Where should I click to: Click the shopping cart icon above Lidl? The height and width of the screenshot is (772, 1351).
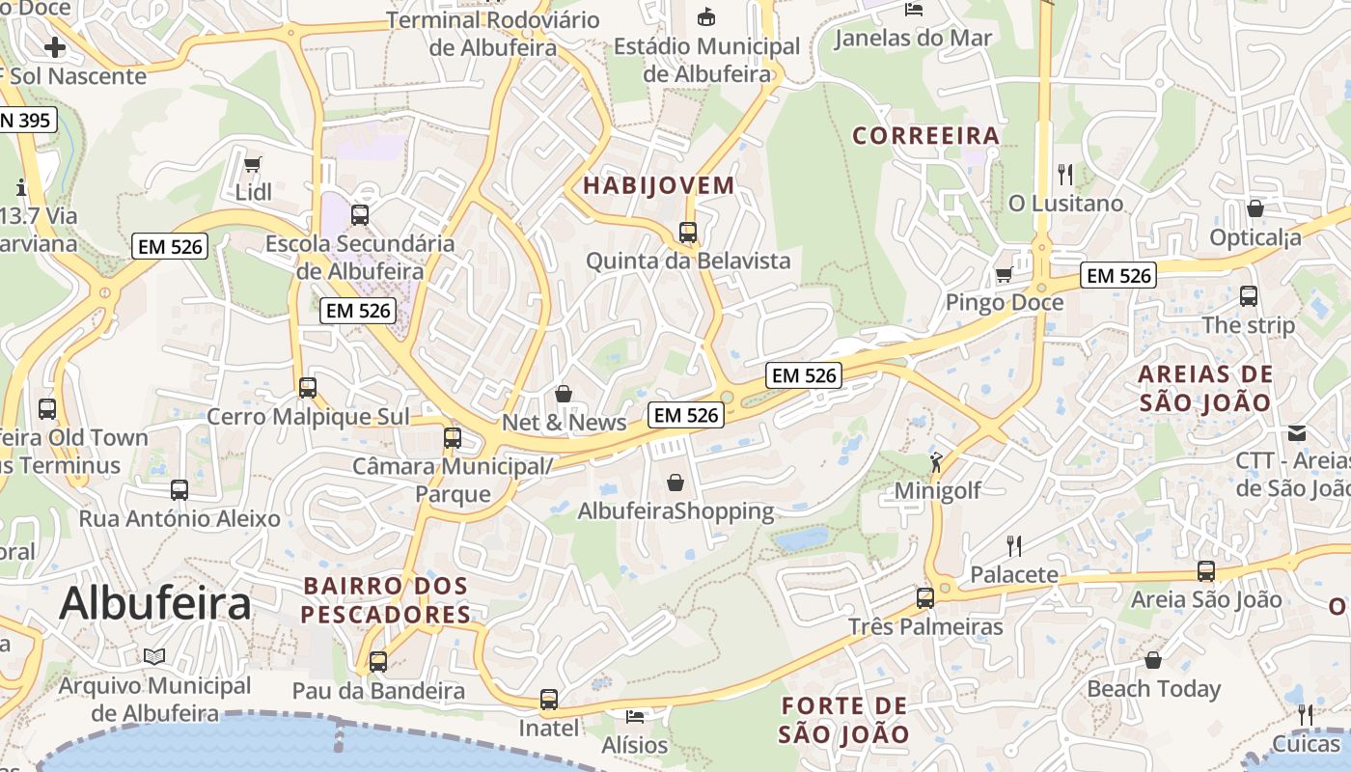tap(252, 164)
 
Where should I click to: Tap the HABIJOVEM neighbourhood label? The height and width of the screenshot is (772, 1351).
tap(659, 185)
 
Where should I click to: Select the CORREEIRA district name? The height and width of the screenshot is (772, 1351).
tap(925, 135)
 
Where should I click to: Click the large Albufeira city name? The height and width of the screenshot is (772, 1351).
tap(154, 603)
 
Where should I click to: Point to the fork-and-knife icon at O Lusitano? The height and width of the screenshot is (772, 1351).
tap(1065, 175)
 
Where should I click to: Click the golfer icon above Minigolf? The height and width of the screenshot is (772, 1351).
tap(936, 462)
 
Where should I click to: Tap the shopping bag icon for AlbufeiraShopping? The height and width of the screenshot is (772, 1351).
tap(675, 482)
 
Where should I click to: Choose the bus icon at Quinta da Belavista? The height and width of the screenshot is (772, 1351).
tap(687, 232)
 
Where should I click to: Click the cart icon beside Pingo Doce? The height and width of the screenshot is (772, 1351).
tap(1004, 275)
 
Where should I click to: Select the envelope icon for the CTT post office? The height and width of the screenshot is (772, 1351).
tap(1296, 433)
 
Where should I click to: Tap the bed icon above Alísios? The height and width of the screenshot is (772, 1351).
tap(634, 716)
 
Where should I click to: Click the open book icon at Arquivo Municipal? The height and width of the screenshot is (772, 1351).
tap(154, 657)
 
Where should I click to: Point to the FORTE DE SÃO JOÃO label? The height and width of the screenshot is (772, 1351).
tap(844, 720)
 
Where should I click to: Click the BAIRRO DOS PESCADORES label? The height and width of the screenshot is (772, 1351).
tap(386, 599)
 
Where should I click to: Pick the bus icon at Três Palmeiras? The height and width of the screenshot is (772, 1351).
tap(924, 598)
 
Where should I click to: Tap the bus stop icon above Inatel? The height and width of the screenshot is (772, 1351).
tap(548, 699)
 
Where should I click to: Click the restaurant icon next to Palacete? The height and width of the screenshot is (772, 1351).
tap(1013, 546)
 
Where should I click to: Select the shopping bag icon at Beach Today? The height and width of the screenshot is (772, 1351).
tap(1153, 660)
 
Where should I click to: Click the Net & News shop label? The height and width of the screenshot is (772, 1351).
tap(564, 422)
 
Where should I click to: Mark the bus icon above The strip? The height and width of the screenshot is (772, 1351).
tap(1248, 296)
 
